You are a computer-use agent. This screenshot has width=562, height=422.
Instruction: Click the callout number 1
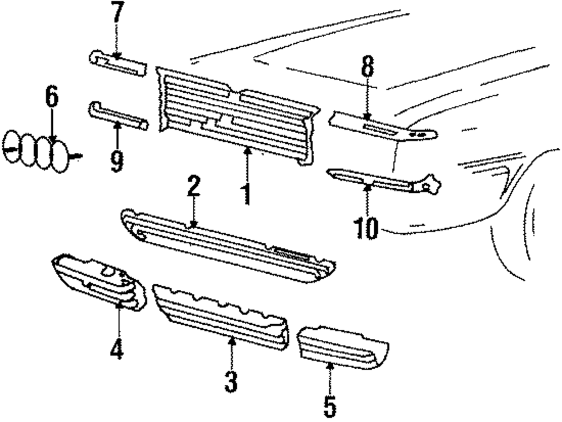(x=246, y=193)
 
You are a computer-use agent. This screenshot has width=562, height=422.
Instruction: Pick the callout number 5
(x=329, y=404)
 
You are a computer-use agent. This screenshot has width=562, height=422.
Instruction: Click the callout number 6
(x=51, y=97)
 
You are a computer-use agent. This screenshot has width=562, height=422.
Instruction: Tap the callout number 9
(x=116, y=162)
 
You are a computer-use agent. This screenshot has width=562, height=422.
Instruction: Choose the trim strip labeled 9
(x=118, y=115)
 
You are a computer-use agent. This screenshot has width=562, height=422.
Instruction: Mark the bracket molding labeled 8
(x=382, y=128)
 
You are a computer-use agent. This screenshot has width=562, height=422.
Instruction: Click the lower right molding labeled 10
(x=382, y=179)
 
